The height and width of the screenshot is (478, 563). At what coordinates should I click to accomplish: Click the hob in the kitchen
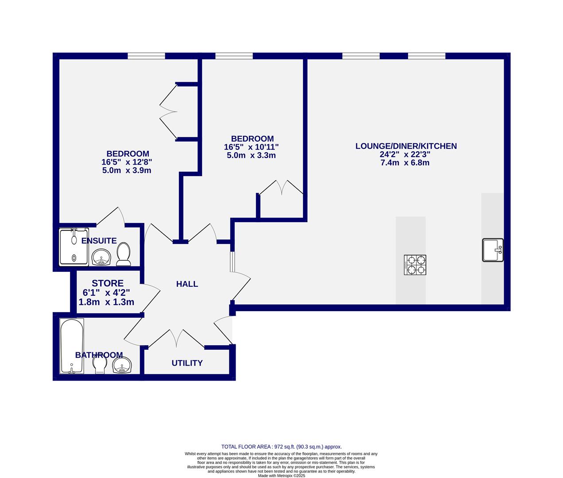coord(415,265)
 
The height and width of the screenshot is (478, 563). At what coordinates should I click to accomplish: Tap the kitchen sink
coord(493,250)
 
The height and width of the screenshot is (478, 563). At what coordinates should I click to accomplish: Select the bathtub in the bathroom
coord(72,346)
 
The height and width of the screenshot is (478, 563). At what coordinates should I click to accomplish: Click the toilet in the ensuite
coord(124,255)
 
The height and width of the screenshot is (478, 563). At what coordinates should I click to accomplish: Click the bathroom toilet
coord(100,365)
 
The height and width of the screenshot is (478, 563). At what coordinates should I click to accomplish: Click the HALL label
coord(187,284)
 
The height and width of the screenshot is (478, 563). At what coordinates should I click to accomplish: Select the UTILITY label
coord(187,363)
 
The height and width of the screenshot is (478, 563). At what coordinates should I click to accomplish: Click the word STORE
coord(108,283)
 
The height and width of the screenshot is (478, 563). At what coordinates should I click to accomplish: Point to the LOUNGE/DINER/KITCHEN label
coord(406,146)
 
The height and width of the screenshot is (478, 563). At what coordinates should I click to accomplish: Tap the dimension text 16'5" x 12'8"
coord(127,162)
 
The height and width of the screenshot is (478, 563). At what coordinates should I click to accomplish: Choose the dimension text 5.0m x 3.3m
coord(251,155)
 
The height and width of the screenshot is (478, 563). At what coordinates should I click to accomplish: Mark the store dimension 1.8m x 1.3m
coord(106,302)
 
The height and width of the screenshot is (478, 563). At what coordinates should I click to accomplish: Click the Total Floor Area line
coord(281,447)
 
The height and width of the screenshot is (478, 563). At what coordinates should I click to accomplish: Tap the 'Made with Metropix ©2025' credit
coord(281,476)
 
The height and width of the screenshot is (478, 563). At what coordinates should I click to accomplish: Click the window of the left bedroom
coord(146,56)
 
